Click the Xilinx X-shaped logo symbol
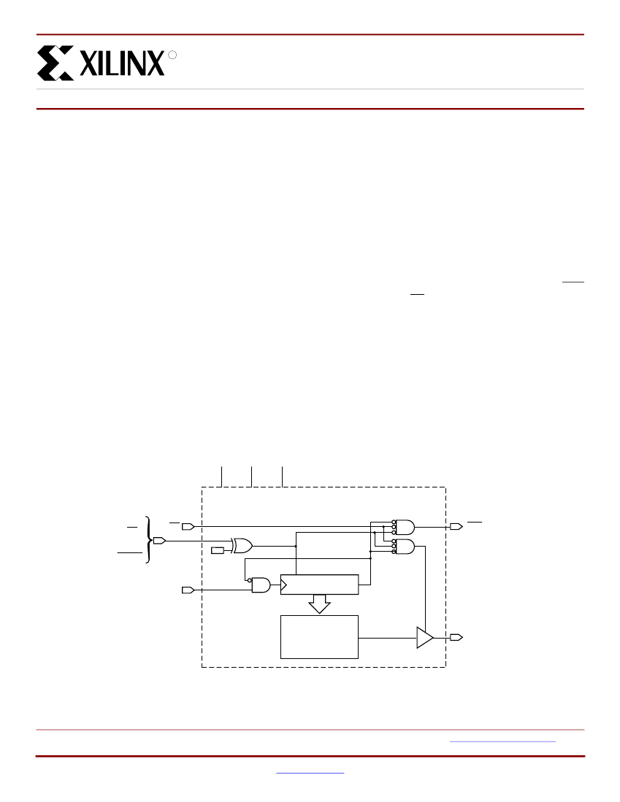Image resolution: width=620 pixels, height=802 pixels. click(x=56, y=63)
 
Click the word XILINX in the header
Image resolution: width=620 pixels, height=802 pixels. click(x=121, y=63)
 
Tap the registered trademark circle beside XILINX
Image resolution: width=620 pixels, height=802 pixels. click(x=172, y=55)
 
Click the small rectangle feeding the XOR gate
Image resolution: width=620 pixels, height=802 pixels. click(x=218, y=550)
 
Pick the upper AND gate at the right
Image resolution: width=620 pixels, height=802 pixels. click(x=404, y=526)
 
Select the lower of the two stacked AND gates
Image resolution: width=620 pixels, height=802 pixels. click(x=404, y=547)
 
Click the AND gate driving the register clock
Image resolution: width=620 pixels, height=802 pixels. click(x=261, y=585)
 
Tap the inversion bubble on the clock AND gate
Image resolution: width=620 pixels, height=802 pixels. click(x=249, y=580)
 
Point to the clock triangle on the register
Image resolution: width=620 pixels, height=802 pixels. click(x=284, y=585)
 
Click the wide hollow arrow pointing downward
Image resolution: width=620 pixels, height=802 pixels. click(x=319, y=604)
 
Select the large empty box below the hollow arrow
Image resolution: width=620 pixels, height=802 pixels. click(x=319, y=636)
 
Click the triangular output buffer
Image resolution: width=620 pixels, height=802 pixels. click(x=424, y=637)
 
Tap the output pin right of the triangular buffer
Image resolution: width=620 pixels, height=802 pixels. click(x=456, y=637)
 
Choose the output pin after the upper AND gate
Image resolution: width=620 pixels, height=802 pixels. click(x=456, y=526)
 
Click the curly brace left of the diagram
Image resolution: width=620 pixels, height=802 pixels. click(x=149, y=540)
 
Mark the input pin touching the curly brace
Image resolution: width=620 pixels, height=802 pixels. click(x=158, y=541)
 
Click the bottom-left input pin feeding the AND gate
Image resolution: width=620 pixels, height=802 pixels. click(x=187, y=589)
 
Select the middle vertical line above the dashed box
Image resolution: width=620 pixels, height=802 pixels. click(x=251, y=476)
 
